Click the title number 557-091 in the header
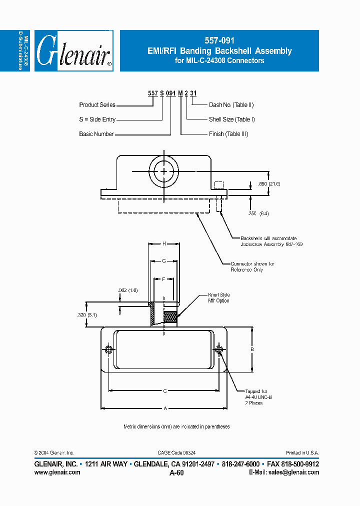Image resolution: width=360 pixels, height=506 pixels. (219, 41)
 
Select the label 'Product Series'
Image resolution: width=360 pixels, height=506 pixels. (97, 105)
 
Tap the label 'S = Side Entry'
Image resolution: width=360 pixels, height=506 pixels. (97, 119)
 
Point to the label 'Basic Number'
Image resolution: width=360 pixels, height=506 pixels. (96, 134)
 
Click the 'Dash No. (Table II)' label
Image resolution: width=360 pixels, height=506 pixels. (231, 105)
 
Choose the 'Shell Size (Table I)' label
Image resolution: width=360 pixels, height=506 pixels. (231, 119)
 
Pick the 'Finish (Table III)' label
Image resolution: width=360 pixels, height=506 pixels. (228, 134)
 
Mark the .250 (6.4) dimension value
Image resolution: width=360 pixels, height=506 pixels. (258, 213)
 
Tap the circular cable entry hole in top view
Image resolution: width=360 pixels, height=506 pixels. (164, 171)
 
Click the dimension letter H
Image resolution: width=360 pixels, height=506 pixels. (164, 243)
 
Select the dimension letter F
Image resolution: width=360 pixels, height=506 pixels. (163, 278)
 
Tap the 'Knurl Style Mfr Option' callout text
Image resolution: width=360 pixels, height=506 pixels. (218, 298)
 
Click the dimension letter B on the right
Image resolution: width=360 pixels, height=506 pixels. (252, 349)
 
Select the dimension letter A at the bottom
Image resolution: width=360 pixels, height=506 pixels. (164, 408)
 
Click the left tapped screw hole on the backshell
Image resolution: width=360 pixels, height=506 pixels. (108, 349)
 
